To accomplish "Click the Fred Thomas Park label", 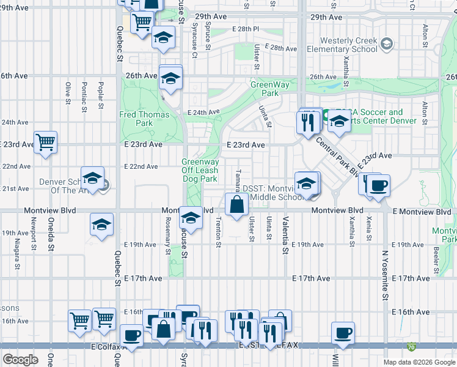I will tap(135, 118).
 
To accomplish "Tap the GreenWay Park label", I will tap(265, 89).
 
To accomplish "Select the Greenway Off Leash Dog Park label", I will tap(199, 171).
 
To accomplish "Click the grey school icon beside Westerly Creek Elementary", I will tap(386, 44).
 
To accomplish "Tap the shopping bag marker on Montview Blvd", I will tap(236, 204).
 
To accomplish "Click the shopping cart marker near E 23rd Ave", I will tap(46, 143).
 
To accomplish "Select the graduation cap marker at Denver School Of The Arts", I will tap(92, 179).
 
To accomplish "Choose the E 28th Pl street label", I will tap(246, 29).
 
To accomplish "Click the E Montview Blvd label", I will tap(422, 212).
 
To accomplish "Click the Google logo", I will tap(21, 360).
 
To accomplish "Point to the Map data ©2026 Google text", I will tap(419, 362).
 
